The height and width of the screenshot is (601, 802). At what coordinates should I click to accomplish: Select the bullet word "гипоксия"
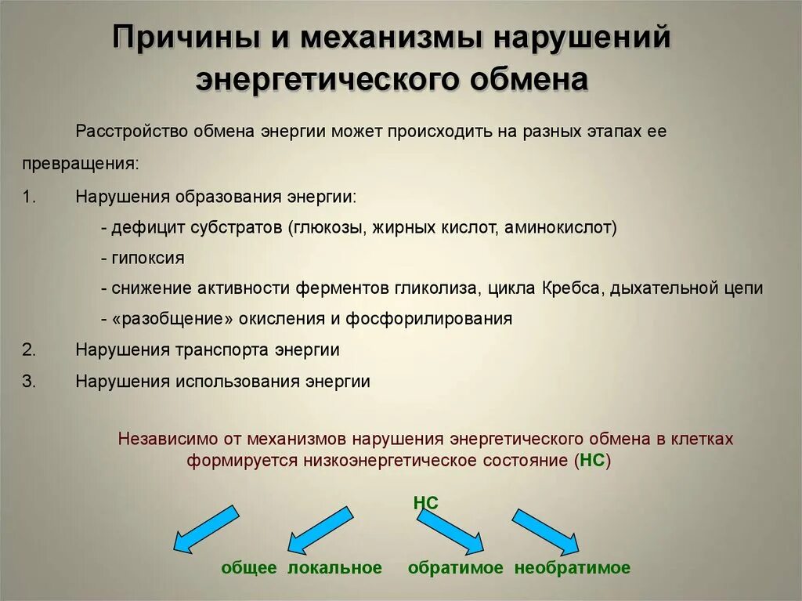pyautogui.click(x=148, y=258)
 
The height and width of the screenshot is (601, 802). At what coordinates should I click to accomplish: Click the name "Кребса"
pyautogui.click(x=570, y=288)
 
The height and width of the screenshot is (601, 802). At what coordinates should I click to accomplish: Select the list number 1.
pyautogui.click(x=29, y=197)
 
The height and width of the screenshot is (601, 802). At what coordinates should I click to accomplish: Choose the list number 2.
pyautogui.click(x=29, y=349)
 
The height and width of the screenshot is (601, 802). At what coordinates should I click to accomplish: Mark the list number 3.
pyautogui.click(x=29, y=381)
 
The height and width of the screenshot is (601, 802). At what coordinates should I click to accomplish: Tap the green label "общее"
pyautogui.click(x=249, y=568)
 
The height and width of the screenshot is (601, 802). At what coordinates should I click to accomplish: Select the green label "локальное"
pyautogui.click(x=334, y=568)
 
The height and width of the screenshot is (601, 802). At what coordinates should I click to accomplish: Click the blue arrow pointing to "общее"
pyautogui.click(x=204, y=529)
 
